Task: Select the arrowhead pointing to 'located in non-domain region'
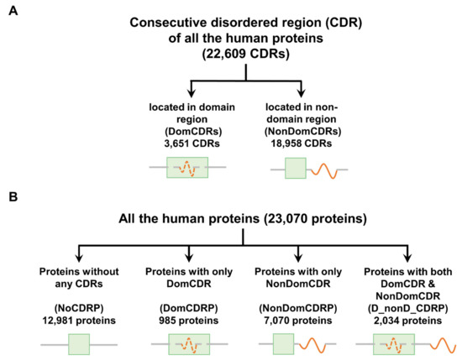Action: click(300, 97)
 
